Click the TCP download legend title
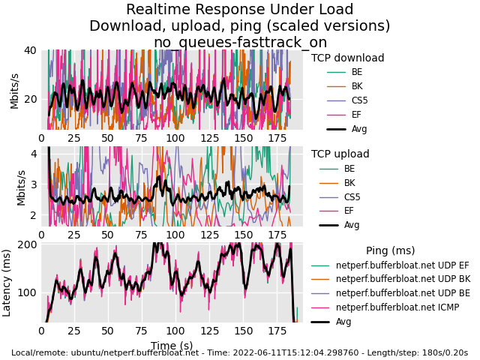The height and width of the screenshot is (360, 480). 347,58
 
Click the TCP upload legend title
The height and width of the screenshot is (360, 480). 340,154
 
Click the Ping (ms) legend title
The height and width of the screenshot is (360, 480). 390,251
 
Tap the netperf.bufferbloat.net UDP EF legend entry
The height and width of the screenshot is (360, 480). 402,265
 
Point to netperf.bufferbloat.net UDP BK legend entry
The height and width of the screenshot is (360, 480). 402,279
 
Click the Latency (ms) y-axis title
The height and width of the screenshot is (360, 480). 7,282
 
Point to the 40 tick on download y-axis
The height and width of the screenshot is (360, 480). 29,51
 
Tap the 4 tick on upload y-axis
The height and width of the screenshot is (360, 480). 33,154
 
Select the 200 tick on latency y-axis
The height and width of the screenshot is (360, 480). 27,244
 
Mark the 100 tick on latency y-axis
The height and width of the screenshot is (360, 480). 27,292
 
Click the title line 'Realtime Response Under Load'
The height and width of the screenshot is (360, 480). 239,10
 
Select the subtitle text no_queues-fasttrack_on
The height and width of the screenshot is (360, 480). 239,42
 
